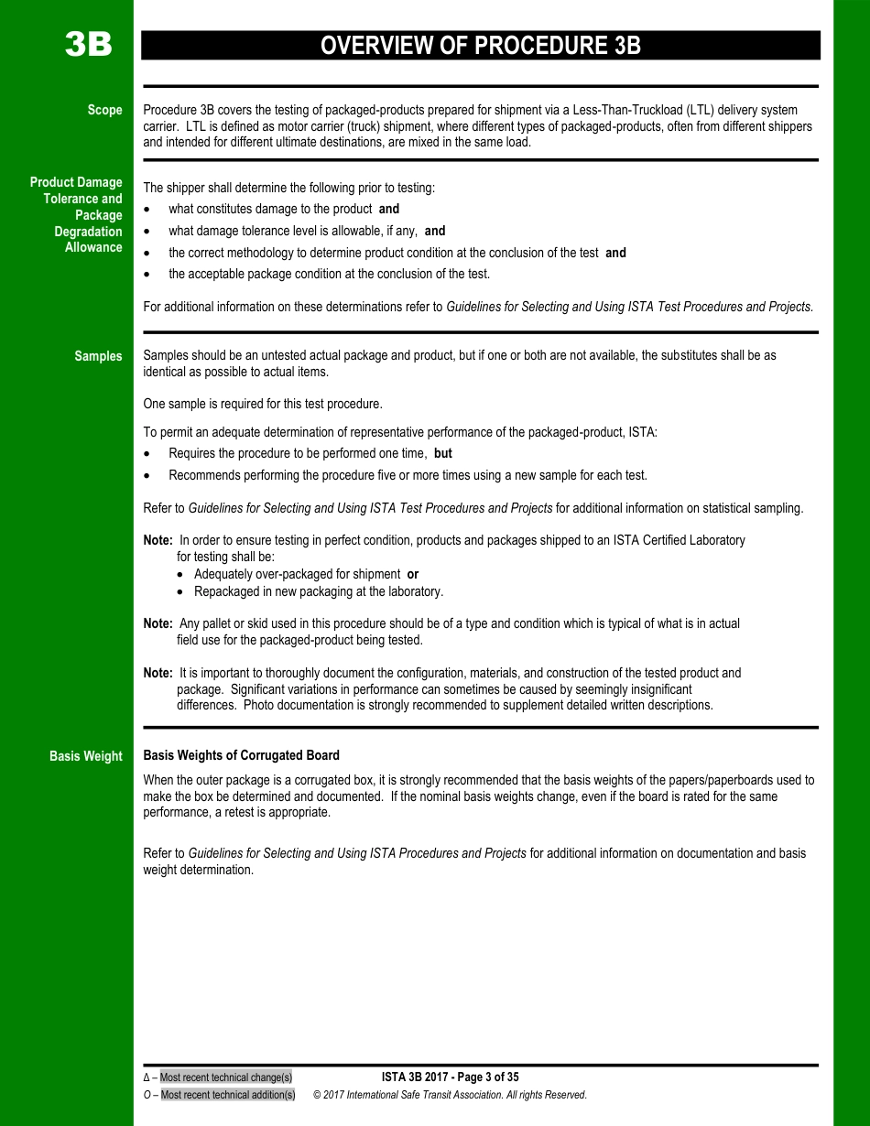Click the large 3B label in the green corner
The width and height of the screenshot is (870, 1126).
[88, 45]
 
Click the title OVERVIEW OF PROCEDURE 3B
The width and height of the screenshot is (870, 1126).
[480, 46]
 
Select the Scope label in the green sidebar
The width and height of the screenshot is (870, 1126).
[104, 110]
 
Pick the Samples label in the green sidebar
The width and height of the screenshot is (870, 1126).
[98, 356]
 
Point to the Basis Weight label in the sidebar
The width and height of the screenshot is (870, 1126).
[85, 756]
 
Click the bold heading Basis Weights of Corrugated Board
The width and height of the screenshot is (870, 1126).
[241, 755]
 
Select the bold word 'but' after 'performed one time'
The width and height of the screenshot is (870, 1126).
[442, 453]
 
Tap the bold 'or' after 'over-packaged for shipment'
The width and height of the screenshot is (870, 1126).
[412, 574]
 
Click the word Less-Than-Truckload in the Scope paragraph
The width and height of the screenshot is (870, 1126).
[622, 110]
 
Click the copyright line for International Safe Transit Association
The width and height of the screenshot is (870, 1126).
[449, 1095]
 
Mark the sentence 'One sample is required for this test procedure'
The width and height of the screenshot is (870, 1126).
[263, 404]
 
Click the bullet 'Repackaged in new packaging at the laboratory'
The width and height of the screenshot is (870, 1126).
[318, 591]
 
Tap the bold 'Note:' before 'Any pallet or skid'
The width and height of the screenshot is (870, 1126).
[158, 623]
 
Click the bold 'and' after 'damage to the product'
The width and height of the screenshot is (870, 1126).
[388, 209]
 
